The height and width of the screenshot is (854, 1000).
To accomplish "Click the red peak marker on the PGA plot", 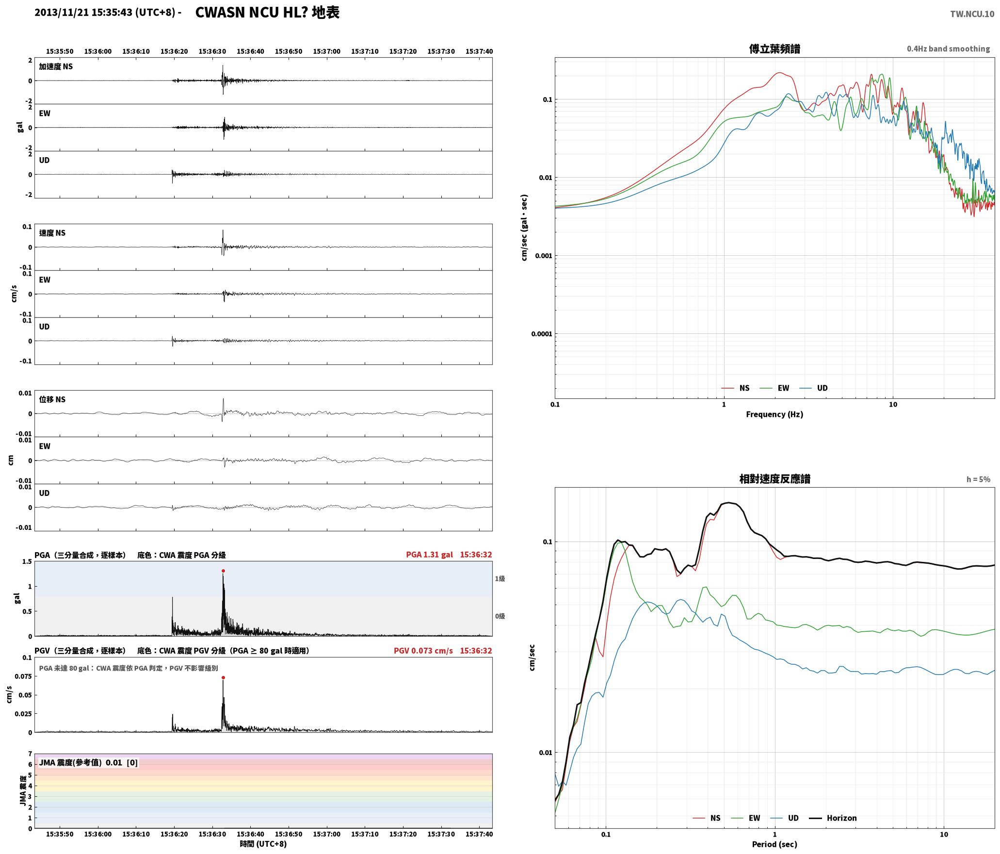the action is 223,571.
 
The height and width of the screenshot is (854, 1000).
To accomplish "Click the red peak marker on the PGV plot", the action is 223,677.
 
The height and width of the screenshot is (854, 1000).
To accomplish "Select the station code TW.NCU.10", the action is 972,14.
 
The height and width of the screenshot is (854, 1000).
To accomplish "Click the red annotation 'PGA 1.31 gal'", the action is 429,555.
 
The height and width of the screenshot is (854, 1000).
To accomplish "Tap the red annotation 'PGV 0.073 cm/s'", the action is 423,651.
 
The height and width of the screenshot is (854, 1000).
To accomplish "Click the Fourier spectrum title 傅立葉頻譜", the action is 774,49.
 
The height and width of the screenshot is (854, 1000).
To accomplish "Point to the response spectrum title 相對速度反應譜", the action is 774,479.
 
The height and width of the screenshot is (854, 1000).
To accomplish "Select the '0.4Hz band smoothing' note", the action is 948,49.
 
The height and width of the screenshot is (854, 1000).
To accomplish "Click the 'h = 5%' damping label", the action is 978,479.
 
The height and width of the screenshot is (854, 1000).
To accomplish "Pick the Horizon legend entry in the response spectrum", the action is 833,818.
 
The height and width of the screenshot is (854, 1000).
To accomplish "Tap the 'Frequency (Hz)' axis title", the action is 774,414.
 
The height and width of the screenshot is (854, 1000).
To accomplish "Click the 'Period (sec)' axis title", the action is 774,844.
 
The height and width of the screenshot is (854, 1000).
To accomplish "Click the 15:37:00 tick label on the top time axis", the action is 326,51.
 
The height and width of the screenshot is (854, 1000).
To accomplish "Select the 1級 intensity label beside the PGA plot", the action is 500,578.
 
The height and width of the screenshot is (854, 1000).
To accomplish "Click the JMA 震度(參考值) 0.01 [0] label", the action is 88,763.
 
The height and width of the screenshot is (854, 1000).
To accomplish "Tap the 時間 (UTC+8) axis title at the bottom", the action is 263,844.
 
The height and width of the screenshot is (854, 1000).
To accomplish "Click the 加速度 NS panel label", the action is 56,66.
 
